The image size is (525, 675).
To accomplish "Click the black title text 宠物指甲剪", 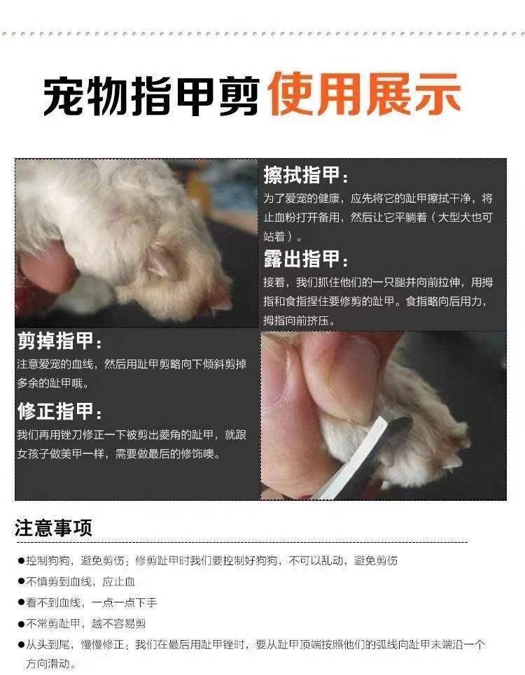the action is coord(151,95).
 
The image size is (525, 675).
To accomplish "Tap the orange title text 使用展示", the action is coord(365,94).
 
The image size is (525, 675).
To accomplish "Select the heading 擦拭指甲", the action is coord(306,175).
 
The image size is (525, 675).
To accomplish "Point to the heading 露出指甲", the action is coord(306,259).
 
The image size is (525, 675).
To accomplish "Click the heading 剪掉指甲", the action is coord(60,341).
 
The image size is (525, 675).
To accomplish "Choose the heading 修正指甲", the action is coord(60,411).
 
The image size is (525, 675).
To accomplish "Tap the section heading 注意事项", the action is coord(53,528).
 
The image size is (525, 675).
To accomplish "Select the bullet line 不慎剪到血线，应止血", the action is coord(76,581).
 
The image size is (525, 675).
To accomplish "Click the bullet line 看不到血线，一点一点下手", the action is coord(87,603).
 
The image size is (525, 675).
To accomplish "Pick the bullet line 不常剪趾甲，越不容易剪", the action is coord(82,623).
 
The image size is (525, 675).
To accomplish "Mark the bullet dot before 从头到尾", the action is coord(21,644).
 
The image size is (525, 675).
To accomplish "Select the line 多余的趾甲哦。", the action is coord(53,383).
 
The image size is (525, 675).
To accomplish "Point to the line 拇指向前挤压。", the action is coord(300,320).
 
